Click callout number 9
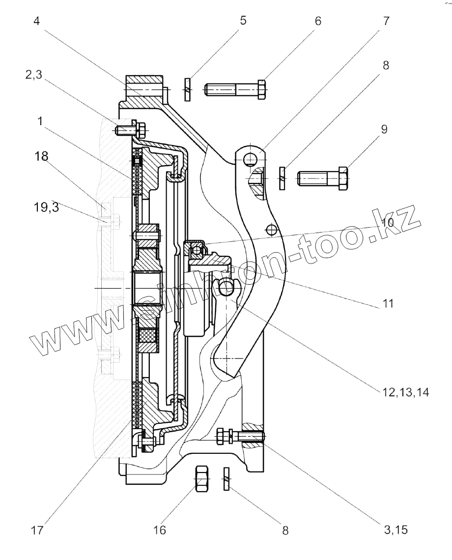click(384, 129)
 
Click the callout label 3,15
click(395, 531)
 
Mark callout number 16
click(160, 531)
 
